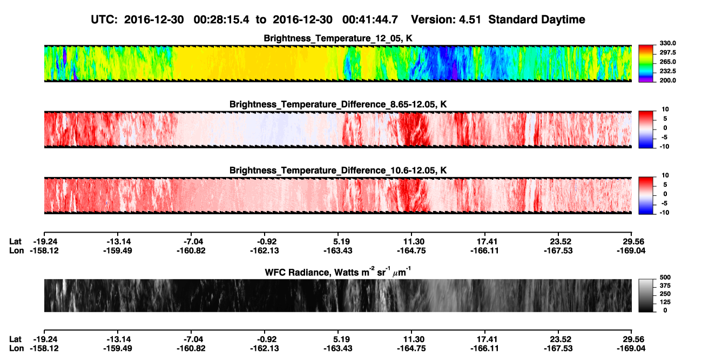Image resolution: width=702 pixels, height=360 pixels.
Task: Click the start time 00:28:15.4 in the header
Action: pos(221,20)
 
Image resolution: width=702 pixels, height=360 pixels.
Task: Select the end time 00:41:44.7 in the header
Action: pos(370,20)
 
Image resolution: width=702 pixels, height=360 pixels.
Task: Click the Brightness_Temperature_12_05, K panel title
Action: pos(338,38)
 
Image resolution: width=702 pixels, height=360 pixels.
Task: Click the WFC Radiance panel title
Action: pos(338,272)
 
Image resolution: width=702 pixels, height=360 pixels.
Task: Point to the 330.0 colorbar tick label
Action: pos(667,43)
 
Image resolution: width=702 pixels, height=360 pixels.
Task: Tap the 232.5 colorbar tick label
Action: pos(667,71)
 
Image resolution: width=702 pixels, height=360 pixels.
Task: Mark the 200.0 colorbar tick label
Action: pos(667,80)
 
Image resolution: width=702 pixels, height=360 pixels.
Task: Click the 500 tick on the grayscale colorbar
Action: pos(665,277)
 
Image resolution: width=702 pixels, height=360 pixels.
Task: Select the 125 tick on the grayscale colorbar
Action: pos(665,302)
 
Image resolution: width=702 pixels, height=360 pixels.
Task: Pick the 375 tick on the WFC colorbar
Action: pos(665,286)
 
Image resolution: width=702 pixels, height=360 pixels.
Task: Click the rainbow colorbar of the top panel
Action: pos(646,64)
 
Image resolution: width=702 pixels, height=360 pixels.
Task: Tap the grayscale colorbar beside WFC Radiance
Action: pos(646,295)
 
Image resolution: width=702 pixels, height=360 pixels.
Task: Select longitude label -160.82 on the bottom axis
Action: pos(191,349)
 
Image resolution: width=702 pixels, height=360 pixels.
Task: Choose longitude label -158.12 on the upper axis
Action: pos(44,250)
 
